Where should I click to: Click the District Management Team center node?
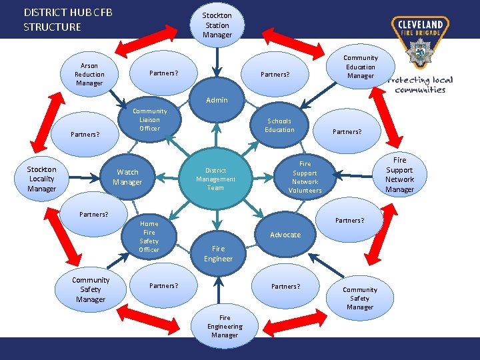tap(215, 179)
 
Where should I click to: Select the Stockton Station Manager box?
tap(217, 25)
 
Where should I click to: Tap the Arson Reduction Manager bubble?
tap(89, 74)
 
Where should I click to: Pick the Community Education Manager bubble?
tap(361, 67)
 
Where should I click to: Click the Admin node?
tap(217, 101)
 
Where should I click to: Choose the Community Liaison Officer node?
tap(149, 119)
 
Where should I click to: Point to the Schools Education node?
tap(279, 125)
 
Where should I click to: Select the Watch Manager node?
tap(127, 177)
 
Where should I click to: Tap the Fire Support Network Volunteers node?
tap(305, 177)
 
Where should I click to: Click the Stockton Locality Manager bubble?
tap(41, 179)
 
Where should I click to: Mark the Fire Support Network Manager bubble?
tap(399, 175)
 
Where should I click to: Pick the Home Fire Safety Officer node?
tap(149, 237)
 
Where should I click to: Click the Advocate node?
tap(285, 235)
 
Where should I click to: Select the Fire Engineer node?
tap(218, 253)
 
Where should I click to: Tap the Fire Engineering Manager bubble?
tap(225, 327)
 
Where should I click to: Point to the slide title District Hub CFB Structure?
tap(67, 19)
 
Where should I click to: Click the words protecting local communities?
tap(420, 85)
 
